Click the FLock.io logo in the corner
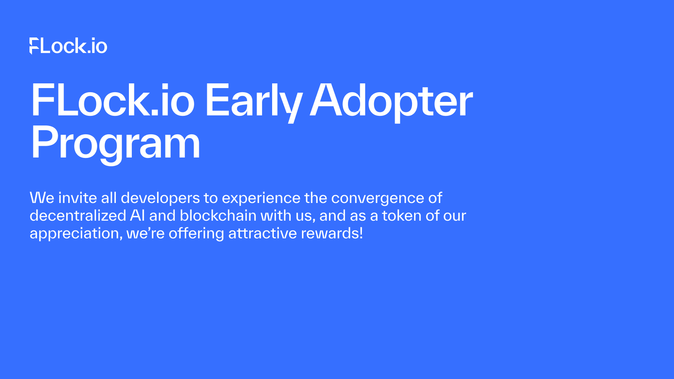69,46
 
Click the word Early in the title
253,101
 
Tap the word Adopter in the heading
391,101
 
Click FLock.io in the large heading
113,101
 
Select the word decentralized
78,216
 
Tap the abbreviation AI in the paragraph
137,216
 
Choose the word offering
196,234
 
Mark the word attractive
262,233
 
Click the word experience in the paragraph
261,198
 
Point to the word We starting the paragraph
42,198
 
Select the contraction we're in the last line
145,234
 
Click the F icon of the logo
34,46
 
